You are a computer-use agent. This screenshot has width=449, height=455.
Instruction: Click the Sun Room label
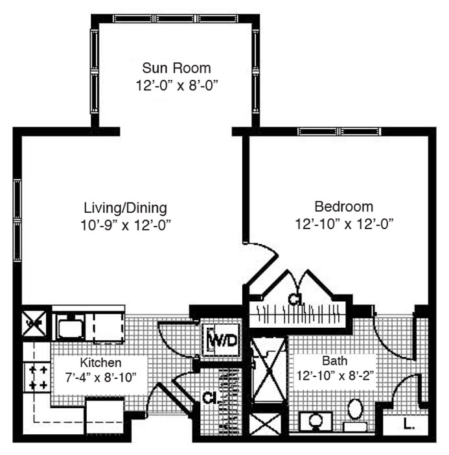coord(176,68)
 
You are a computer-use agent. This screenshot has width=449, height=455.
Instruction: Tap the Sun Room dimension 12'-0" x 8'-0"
coord(177,86)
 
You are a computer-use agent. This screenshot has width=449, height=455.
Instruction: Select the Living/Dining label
coord(126,208)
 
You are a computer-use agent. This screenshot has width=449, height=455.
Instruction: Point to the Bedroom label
coord(344,207)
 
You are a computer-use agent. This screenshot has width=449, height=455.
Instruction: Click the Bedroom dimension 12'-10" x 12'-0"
coord(345,225)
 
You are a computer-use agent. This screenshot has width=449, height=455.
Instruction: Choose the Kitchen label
coord(100,363)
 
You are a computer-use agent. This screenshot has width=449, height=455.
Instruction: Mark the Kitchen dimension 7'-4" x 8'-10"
coord(100,378)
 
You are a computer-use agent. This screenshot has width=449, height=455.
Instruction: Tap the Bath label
coord(334,361)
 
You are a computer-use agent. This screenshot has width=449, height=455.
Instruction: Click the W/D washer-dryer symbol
coord(223,340)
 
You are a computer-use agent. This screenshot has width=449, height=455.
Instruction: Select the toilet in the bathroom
coord(356,413)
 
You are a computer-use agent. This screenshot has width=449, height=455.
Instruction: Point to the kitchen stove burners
coord(38,377)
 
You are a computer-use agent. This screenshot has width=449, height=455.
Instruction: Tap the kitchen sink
coord(71,326)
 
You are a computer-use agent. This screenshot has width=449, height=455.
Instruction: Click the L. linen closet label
coord(409,424)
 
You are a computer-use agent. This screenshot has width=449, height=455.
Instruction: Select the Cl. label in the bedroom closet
coord(295,299)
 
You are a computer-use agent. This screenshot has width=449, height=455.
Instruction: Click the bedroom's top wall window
coord(340,132)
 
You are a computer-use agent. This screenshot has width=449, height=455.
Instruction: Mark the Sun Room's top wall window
coord(176,19)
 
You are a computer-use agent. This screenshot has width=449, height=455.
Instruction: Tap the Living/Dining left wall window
coord(17,220)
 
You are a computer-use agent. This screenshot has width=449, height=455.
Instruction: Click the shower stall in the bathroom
coord(268,370)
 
